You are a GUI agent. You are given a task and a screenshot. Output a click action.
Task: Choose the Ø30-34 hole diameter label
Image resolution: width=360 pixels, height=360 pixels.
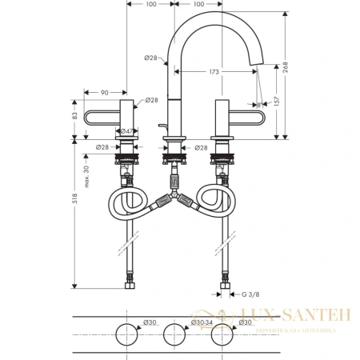pyautogui.click(x=202, y=322)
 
